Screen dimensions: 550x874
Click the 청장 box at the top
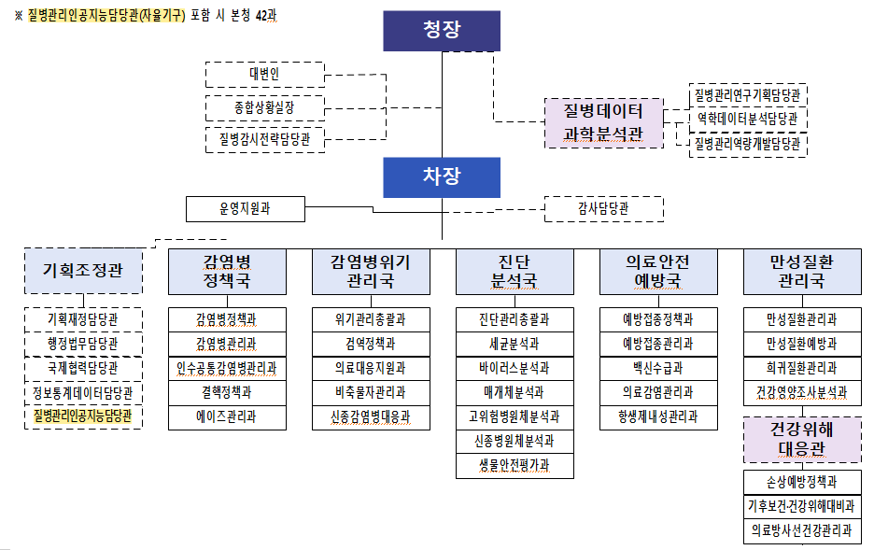point(442,31)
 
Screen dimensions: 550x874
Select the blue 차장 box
point(442,176)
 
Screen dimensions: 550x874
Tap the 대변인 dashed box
point(264,75)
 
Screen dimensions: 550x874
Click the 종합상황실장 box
point(264,108)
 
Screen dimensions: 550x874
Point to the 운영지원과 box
point(246,208)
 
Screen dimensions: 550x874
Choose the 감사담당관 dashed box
point(603,208)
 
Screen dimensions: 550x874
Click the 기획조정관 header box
point(83,271)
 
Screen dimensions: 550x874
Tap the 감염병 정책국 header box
point(227,271)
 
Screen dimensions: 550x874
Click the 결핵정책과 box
point(227,392)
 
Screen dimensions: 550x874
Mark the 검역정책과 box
point(371,344)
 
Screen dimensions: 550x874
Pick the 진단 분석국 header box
point(515,271)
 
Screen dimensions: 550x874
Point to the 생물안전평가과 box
point(515,465)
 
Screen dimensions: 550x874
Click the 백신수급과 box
point(658,368)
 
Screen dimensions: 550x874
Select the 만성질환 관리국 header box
point(802,271)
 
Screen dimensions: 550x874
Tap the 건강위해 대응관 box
point(802,439)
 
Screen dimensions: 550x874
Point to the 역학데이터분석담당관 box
point(747,120)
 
